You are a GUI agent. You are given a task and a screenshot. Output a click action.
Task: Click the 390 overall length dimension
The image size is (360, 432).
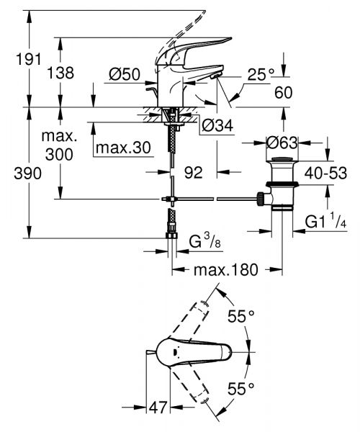click(15, 174)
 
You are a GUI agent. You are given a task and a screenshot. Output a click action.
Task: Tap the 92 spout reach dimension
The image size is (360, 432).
click(192, 173)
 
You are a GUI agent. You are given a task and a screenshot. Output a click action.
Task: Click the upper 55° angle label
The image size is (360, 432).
click(240, 315)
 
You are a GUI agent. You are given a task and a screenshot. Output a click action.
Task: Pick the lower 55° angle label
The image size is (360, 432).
click(240, 389)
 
